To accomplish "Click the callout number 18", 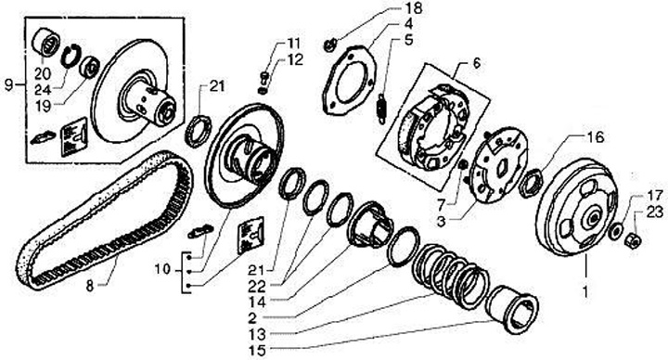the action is click(412, 7).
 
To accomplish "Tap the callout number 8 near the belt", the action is click(89, 286).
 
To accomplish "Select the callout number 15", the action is click(257, 350).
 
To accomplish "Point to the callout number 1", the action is click(585, 292).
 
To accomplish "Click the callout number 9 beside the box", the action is click(8, 84).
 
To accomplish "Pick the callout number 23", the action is click(654, 212).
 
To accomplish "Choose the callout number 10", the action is click(162, 270).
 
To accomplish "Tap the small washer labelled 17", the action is click(615, 232).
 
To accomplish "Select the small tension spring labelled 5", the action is click(381, 109).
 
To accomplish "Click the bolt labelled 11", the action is click(263, 78).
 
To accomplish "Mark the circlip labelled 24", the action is click(70, 56).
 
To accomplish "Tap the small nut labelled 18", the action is click(329, 45).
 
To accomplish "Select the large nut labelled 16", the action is click(532, 184).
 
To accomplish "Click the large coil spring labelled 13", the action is click(451, 276).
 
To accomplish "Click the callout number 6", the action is click(476, 63).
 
